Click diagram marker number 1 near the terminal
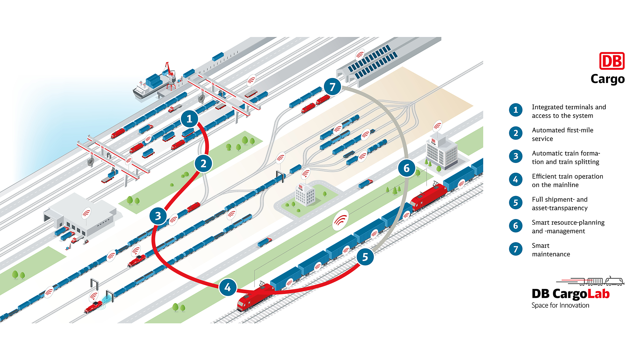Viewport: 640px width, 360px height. pos(189,119)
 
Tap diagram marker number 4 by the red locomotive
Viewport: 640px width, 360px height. pos(228,287)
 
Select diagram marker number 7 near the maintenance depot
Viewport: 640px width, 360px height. pos(332,87)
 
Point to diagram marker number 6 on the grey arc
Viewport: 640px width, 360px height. pos(406,168)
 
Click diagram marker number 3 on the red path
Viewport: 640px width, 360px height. pos(158,216)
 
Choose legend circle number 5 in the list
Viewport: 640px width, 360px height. pos(516,203)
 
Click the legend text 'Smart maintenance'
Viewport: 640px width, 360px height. pos(551,250)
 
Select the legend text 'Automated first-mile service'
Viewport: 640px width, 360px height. pos(562,134)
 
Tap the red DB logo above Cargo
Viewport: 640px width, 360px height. pos(612,61)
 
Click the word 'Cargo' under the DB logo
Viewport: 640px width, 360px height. pos(607,79)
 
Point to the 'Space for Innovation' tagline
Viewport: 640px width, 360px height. pos(560,305)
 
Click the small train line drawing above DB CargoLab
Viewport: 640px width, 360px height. pos(597,281)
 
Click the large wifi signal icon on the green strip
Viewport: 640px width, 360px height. pos(340,220)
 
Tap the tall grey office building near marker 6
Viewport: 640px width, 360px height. pos(441,153)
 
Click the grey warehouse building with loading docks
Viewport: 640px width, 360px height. pos(82,215)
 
